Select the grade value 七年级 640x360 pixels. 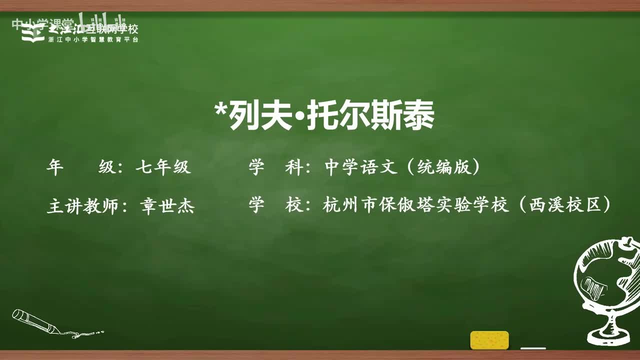coord(163,167)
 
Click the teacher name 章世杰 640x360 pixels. coord(167,206)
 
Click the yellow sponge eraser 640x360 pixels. coord(489,340)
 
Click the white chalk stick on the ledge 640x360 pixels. coord(533,348)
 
